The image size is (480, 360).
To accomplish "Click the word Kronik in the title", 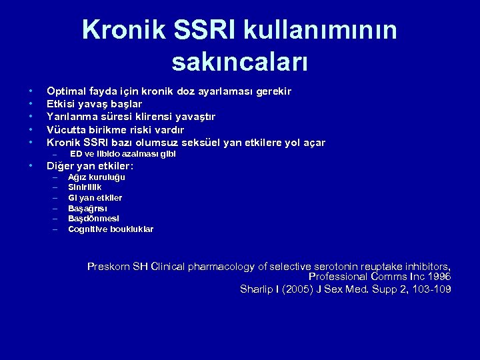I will (x=126, y=30).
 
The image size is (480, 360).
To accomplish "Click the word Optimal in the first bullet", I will (x=65, y=91).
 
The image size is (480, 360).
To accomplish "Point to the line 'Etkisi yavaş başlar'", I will (x=93, y=103).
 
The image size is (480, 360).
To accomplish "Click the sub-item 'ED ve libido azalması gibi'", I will (x=123, y=154).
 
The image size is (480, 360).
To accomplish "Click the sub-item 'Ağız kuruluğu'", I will (x=97, y=177).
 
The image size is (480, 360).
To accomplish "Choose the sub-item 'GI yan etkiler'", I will (x=95, y=198).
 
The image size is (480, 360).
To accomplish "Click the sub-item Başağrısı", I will (x=89, y=208).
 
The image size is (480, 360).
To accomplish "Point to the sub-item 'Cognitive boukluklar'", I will (x=111, y=229).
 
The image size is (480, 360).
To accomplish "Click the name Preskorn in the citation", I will (x=111, y=267).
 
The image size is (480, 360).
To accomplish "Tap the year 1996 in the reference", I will (x=438, y=276).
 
